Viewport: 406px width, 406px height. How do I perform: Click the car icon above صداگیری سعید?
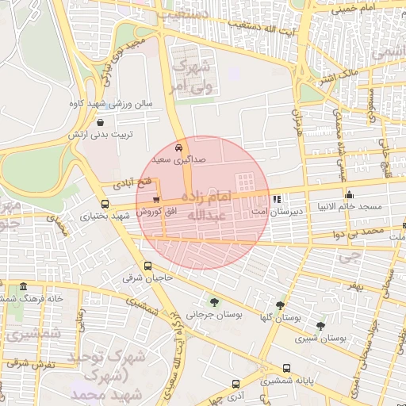179,148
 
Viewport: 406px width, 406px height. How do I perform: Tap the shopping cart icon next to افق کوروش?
155,200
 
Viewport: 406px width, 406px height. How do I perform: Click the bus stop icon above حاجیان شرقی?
147,266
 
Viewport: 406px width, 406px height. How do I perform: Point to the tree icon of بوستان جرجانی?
213,301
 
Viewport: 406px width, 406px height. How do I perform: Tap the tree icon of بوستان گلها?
280,304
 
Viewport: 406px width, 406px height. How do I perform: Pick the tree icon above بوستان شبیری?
320,325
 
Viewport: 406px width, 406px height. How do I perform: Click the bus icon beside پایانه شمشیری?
286,369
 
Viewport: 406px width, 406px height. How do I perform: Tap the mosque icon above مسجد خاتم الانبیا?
349,195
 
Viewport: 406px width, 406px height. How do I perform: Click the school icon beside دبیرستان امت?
276,200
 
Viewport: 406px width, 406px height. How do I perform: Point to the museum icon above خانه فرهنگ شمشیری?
23,286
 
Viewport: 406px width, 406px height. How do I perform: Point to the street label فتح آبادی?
115,183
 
